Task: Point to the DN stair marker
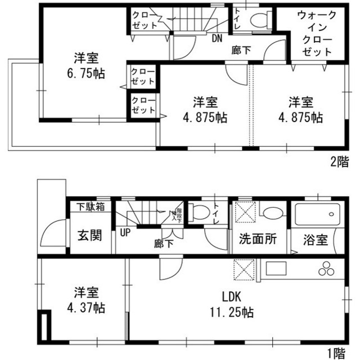tap(217, 39)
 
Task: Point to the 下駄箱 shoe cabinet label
tap(90, 207)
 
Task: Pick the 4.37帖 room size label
tap(85, 308)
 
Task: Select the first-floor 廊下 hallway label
tap(164, 244)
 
